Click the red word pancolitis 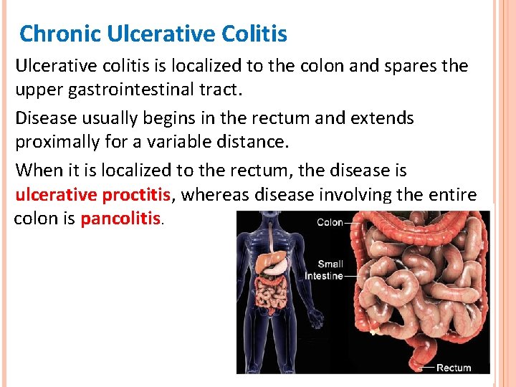pyautogui.click(x=120, y=219)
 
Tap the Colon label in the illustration pyautogui.click(x=330, y=222)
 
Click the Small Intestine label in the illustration pyautogui.click(x=324, y=269)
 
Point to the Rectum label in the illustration pyautogui.click(x=454, y=368)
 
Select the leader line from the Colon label pyautogui.click(x=353, y=223)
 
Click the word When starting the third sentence pyautogui.click(x=37, y=171)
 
